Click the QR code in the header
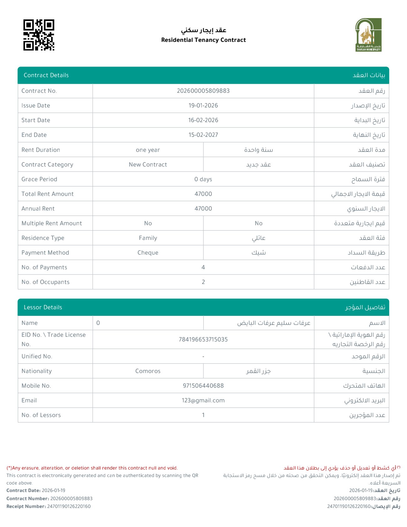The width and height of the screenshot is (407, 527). click(39, 35)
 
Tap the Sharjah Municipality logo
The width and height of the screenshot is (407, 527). click(368, 35)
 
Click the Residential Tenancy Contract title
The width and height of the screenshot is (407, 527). click(203, 40)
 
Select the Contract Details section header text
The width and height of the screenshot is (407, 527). click(46, 75)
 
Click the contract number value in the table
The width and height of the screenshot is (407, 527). click(203, 91)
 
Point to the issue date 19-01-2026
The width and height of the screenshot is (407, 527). click(203, 106)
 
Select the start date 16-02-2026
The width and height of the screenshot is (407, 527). click(203, 120)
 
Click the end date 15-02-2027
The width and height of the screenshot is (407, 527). click(203, 135)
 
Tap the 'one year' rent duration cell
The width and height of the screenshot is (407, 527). click(148, 150)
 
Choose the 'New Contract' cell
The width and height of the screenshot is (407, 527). click(148, 165)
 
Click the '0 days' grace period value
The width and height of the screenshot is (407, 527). click(203, 179)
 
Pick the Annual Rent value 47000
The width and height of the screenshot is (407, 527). click(203, 209)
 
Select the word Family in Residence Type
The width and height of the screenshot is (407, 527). click(148, 238)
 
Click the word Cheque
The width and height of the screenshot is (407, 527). click(148, 253)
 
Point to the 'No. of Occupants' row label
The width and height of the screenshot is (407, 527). click(46, 282)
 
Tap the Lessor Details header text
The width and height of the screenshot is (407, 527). click(43, 307)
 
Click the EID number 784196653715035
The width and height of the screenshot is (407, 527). click(203, 340)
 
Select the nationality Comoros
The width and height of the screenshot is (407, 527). click(148, 371)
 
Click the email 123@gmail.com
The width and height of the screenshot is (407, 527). click(203, 400)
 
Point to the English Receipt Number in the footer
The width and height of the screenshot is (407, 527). click(48, 506)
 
